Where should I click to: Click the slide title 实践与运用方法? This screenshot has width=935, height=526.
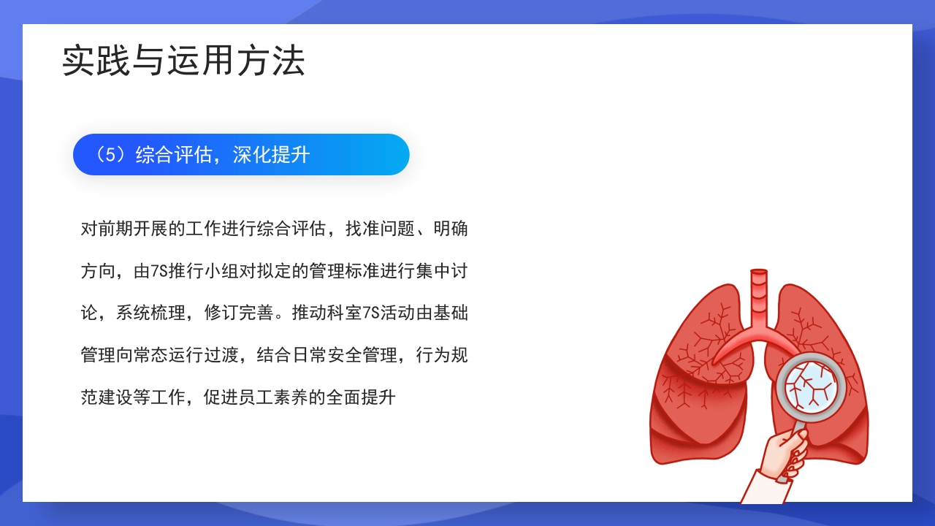[x=183, y=61]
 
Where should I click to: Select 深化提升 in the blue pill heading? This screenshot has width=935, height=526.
[x=272, y=155]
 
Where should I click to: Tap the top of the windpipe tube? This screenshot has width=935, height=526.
[x=760, y=274]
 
